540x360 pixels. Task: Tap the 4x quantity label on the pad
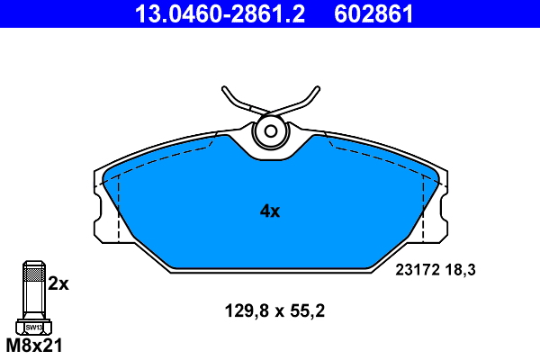270,212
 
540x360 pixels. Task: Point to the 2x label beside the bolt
58,283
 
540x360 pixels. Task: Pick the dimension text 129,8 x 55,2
274,312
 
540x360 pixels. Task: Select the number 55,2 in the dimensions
306,312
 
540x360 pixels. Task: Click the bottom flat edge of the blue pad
270,268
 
